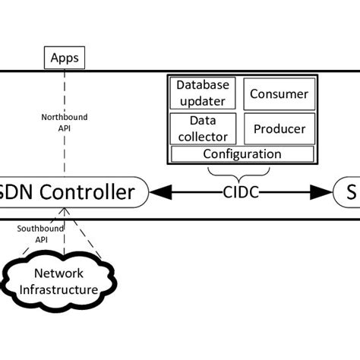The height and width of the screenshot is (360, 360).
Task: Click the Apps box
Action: [65, 57]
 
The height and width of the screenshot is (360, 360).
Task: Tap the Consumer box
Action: [279, 94]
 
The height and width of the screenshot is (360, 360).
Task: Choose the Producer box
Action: [279, 128]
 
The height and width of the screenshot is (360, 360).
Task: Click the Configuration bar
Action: [242, 153]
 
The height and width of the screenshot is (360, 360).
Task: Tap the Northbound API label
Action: [64, 123]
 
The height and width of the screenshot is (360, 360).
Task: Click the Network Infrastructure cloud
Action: [64, 281]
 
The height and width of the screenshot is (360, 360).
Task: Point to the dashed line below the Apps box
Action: [65, 91]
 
